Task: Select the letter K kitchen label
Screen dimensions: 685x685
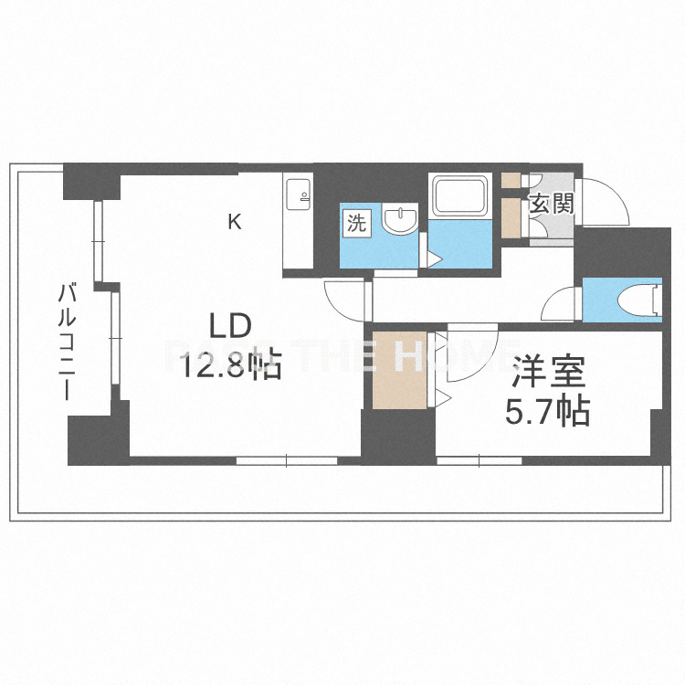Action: (x=235, y=220)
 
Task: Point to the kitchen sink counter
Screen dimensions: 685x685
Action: (x=298, y=224)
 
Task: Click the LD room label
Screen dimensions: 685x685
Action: (x=230, y=326)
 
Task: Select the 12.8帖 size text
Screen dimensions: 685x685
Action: (x=230, y=366)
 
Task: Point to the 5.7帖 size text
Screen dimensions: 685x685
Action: (x=548, y=412)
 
